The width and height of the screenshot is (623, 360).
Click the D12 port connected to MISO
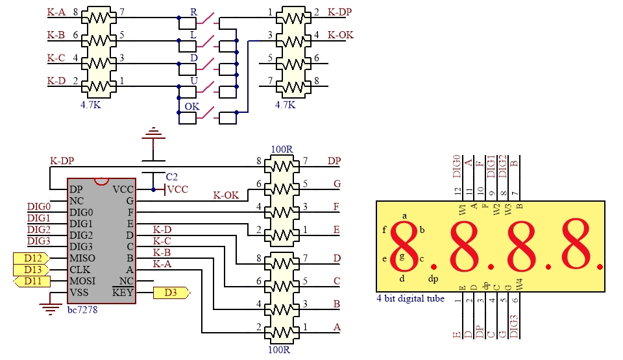[x=31, y=258]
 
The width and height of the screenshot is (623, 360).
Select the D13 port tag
[x=31, y=270]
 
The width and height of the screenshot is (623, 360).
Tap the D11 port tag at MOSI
[x=32, y=282]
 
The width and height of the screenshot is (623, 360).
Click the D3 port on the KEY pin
[x=171, y=293]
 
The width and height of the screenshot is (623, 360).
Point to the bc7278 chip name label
[x=82, y=309]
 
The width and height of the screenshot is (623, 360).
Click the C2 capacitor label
[x=171, y=177]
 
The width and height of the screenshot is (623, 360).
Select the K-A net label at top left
[x=56, y=12]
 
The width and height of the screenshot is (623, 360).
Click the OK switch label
[x=192, y=106]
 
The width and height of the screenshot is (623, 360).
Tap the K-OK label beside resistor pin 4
[x=341, y=35]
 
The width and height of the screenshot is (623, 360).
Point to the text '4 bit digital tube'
[x=410, y=298]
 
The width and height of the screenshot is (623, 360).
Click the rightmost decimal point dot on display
[x=600, y=267]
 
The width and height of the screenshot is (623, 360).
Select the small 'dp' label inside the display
[x=433, y=279]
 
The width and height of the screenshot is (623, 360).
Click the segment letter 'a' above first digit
[x=404, y=216]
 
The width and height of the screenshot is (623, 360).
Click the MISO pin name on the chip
[x=82, y=258]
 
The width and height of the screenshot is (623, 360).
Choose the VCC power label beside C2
[x=178, y=189]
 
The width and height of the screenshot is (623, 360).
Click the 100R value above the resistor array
[x=282, y=149]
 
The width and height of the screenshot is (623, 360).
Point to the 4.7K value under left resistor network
[x=91, y=105]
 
